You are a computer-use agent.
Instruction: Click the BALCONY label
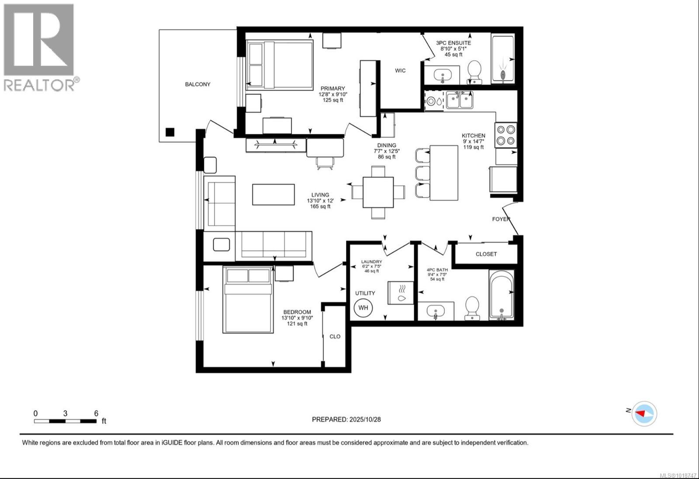point(197,84)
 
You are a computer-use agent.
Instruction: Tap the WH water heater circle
point(363,308)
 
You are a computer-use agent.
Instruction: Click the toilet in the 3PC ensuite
point(474,72)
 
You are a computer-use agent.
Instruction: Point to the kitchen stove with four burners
point(506,135)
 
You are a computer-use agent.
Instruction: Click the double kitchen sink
point(459,100)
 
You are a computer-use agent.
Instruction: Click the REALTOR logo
point(39,47)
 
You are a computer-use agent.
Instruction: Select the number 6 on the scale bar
point(96,413)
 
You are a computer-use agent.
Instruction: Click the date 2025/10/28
point(365,419)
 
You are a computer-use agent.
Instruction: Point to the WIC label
point(400,70)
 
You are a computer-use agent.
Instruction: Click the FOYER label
point(501,219)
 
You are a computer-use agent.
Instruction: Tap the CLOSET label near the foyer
point(486,254)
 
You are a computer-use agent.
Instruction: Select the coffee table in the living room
point(273,194)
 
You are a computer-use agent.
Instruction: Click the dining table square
point(378,192)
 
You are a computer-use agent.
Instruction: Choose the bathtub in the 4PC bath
point(501,295)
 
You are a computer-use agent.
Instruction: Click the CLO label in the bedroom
point(335,336)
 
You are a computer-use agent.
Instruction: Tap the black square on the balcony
point(170,132)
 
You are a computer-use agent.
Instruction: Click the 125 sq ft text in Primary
point(332,100)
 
